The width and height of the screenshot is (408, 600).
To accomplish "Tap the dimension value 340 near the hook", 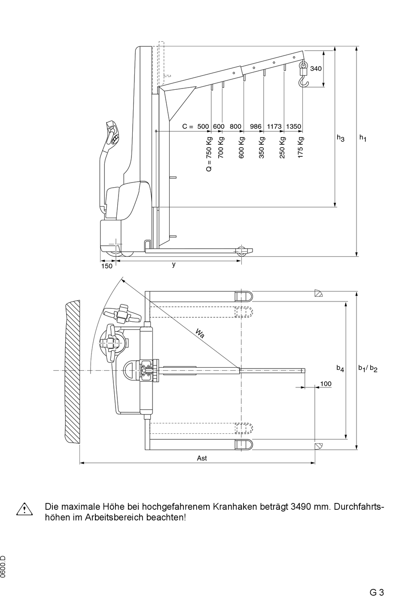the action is coord(316,69).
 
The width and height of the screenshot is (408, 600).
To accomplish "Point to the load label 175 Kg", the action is coord(301,147).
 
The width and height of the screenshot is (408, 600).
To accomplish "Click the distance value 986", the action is coord(256,126).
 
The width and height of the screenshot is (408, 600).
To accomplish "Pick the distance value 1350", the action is coord(294,126).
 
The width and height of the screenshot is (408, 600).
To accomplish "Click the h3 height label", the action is coord(341,138).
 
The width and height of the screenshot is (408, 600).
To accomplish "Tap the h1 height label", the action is coord(363,138).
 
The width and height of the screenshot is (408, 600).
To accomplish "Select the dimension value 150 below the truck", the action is coord(107,266).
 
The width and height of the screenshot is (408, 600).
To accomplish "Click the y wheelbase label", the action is coord(174,265).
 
